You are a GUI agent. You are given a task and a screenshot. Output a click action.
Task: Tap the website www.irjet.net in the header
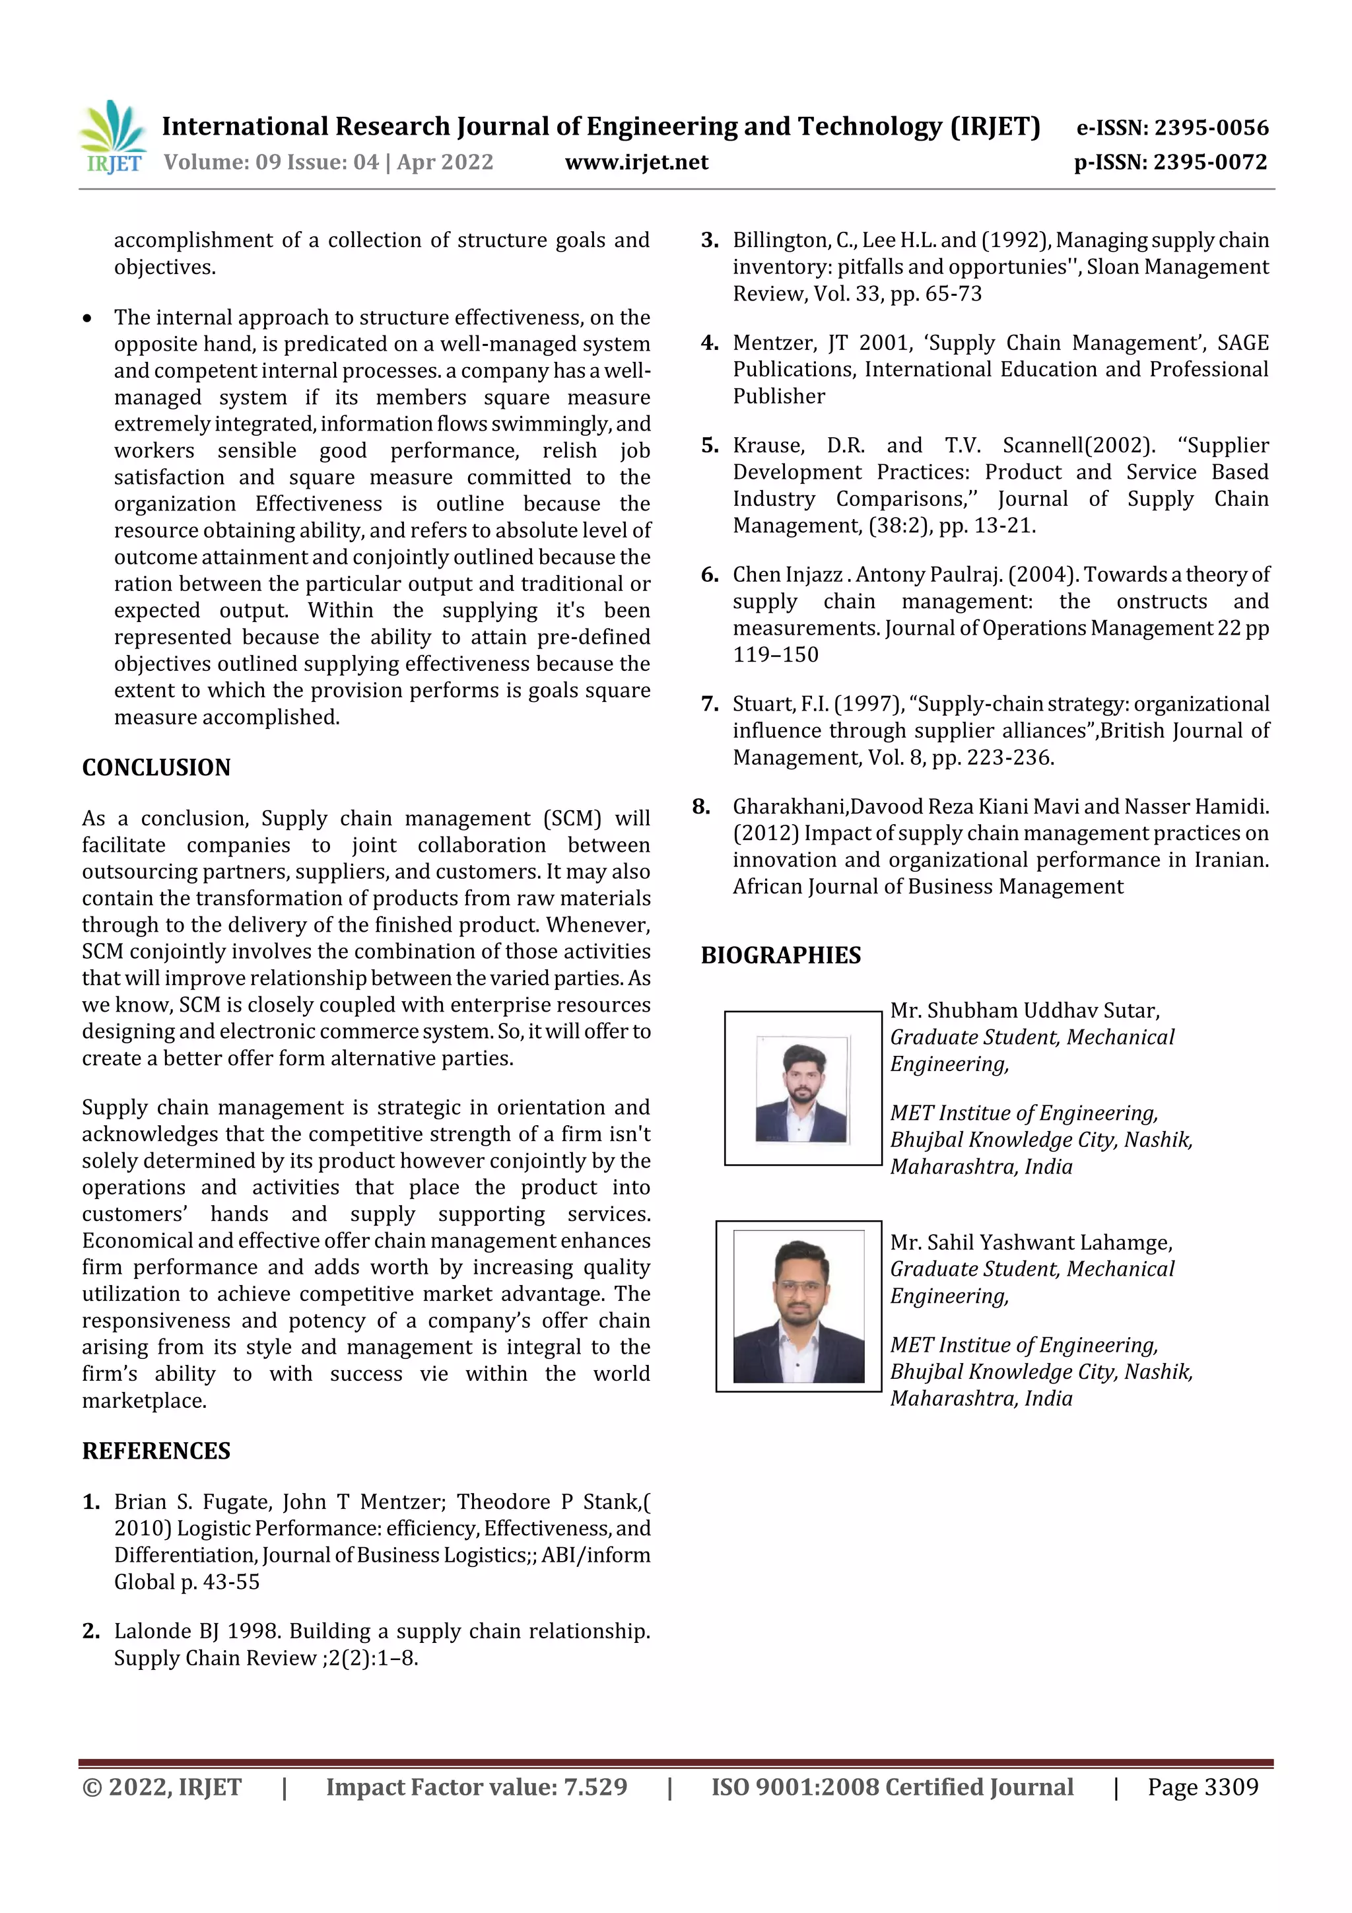636,162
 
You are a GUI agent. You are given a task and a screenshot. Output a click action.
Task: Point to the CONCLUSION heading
156,767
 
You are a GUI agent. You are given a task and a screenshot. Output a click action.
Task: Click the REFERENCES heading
156,1451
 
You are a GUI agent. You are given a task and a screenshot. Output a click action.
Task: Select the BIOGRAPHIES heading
780,955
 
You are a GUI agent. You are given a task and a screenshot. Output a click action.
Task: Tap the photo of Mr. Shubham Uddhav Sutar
801,1089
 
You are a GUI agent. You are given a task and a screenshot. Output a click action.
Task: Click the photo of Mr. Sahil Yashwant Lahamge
798,1306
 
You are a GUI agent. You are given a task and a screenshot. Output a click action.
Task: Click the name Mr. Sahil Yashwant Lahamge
1031,1242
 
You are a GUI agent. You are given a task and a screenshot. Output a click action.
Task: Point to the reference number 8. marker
701,806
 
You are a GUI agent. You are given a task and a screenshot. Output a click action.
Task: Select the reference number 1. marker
91,1502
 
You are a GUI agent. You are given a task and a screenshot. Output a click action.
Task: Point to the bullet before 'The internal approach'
87,318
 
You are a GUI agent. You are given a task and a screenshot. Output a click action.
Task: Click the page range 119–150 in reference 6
775,655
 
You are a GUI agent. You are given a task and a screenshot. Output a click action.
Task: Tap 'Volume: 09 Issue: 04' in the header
271,162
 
